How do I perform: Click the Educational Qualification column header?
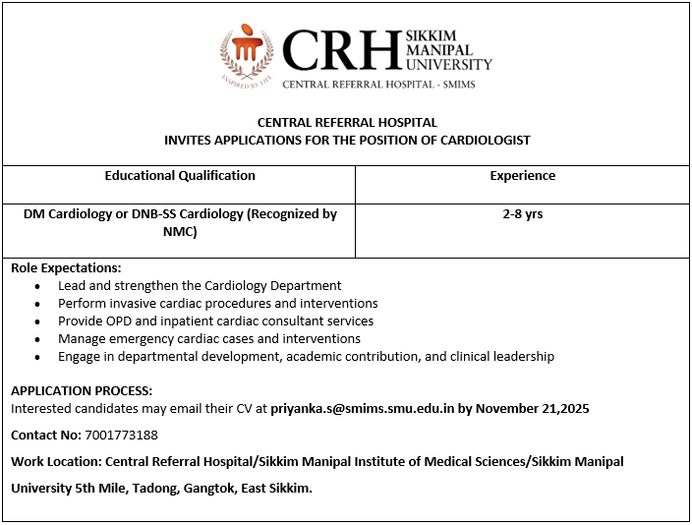coord(180,176)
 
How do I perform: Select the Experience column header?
coord(522,176)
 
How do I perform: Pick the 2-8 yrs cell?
coord(522,213)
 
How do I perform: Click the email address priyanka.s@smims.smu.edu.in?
coord(362,408)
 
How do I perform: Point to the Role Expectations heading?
coord(66,267)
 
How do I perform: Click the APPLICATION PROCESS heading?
coord(82,390)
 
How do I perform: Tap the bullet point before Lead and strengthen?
coord(37,286)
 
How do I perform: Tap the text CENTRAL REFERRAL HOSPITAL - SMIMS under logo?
coord(378,85)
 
